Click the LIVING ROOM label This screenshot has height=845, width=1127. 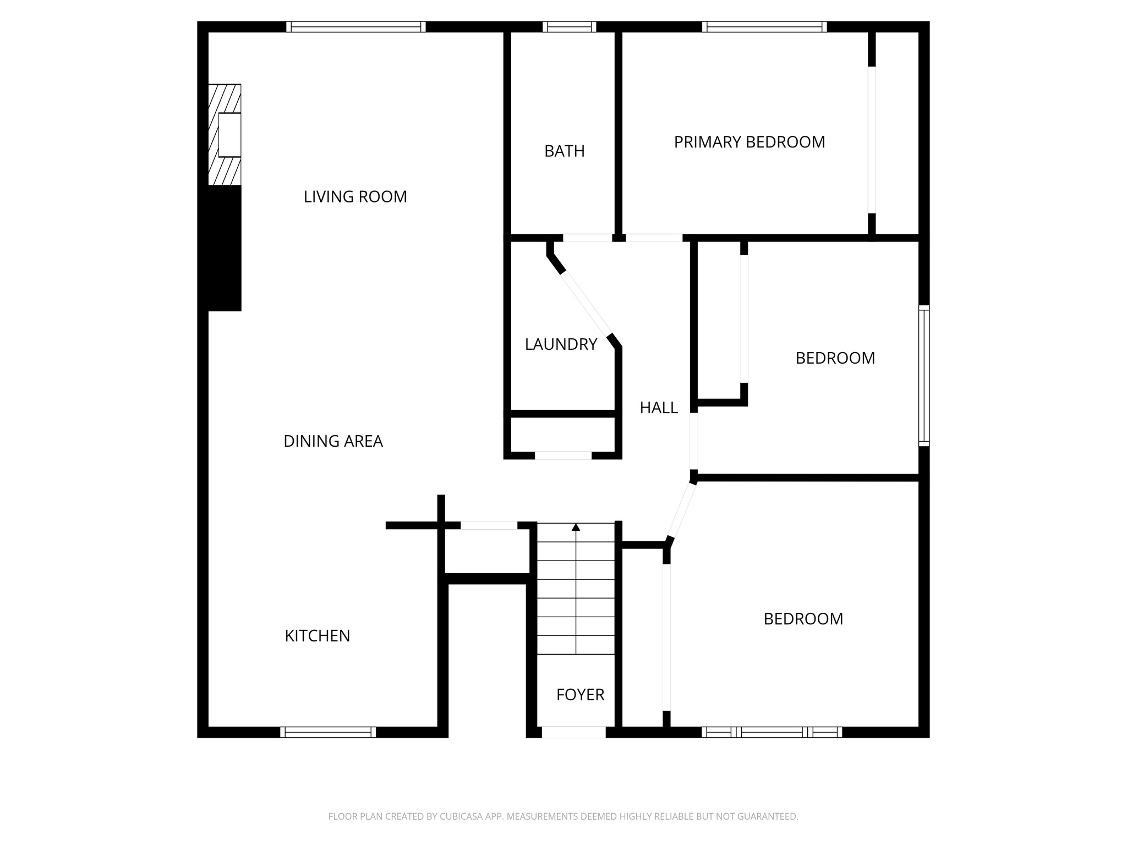pyautogui.click(x=355, y=196)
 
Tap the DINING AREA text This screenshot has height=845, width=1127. pyautogui.click(x=333, y=441)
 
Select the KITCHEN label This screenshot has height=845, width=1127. pyautogui.click(x=317, y=636)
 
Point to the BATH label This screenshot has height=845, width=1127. pyautogui.click(x=564, y=151)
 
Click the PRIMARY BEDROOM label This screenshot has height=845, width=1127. pyautogui.click(x=749, y=142)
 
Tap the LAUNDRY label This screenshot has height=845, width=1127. pyautogui.click(x=561, y=344)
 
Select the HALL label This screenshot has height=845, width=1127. pyautogui.click(x=659, y=408)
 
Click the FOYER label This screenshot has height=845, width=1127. pyautogui.click(x=580, y=695)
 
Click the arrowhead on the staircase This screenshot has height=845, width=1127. pyautogui.click(x=576, y=527)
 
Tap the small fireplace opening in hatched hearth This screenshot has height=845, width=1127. pyautogui.click(x=229, y=135)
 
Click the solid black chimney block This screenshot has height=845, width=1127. pyautogui.click(x=224, y=248)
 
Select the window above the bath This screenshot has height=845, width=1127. pyautogui.click(x=569, y=27)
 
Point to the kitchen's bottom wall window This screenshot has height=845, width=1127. pyautogui.click(x=328, y=732)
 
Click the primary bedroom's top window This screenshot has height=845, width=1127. pyautogui.click(x=764, y=27)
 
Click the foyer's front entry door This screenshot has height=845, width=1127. pyautogui.click(x=573, y=732)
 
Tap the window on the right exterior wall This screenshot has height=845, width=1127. pyautogui.click(x=924, y=375)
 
